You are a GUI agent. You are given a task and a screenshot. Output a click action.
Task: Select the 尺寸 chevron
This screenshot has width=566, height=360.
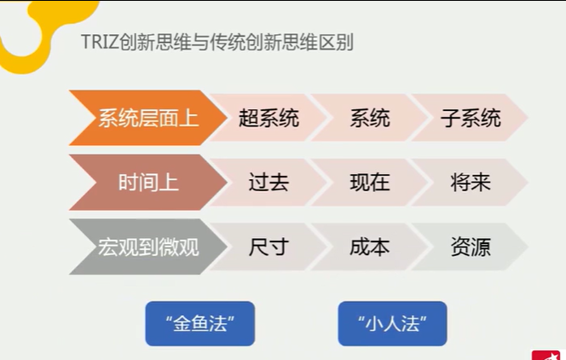[x=269, y=247]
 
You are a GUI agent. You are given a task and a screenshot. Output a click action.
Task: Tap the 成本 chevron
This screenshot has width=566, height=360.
[x=369, y=247]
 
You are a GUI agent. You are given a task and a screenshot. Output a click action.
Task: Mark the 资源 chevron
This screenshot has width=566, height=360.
[x=470, y=247]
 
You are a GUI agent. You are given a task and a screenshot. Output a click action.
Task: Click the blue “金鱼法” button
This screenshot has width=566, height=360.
[x=199, y=323]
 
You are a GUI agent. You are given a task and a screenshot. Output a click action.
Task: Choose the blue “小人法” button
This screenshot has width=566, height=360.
[x=392, y=323]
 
